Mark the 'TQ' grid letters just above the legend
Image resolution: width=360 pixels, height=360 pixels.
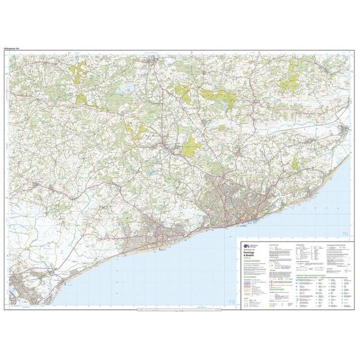(x=345, y=234)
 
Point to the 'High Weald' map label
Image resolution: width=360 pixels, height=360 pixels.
(x=153, y=135)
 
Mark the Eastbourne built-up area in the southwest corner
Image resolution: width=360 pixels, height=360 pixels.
(x=23, y=291)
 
